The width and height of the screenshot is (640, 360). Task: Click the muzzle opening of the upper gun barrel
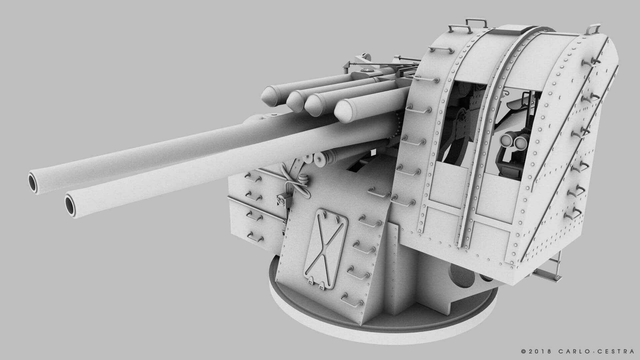[x=34, y=183]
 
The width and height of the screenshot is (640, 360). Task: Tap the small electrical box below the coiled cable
[x=280, y=201]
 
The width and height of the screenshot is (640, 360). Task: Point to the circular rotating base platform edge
[x=333, y=333]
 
